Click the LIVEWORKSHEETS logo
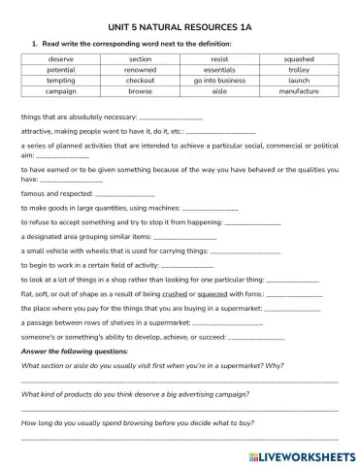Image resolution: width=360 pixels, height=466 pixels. coord(301,454)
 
